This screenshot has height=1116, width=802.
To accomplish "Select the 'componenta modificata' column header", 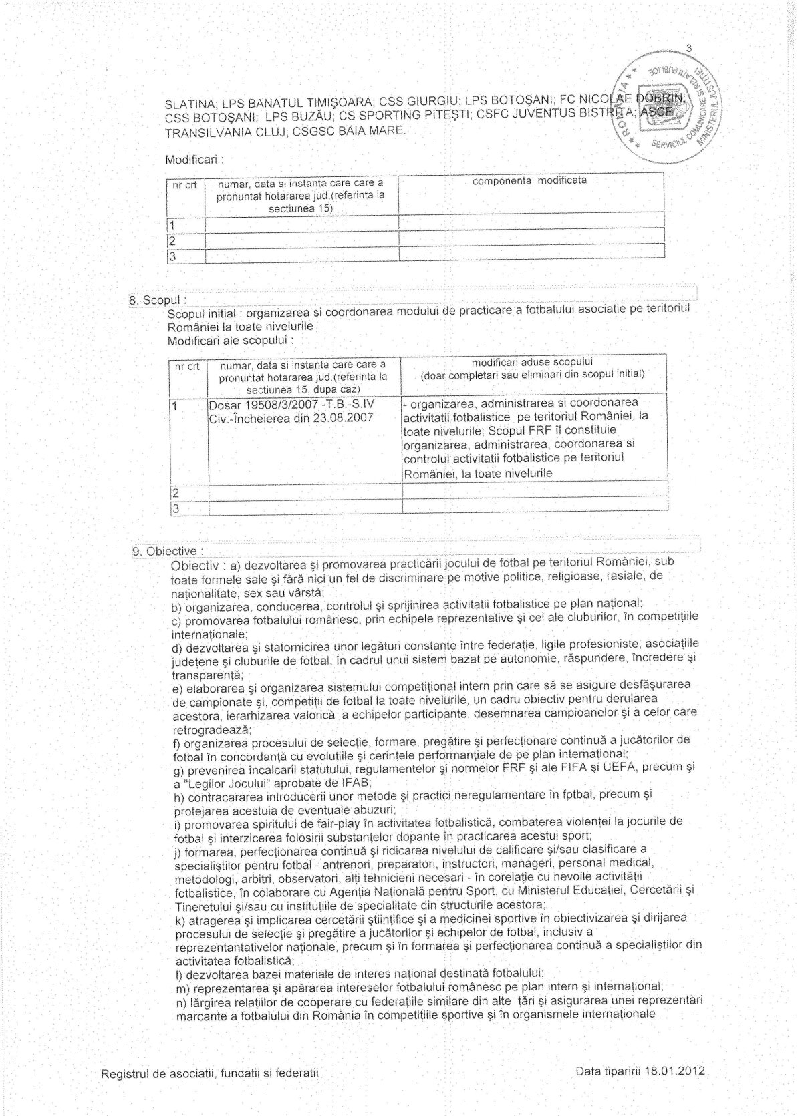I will point(529,181).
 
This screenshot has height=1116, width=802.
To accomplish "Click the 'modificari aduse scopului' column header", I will point(532,363).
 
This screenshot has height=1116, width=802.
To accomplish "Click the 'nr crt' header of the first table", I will point(184,185).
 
